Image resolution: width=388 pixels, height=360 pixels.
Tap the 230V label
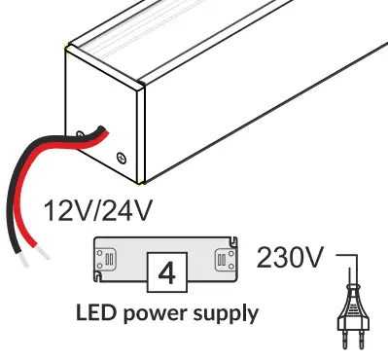click(x=289, y=258)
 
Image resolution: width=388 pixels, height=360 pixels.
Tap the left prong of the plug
click(x=345, y=343)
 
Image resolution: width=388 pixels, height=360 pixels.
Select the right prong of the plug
click(x=360, y=343)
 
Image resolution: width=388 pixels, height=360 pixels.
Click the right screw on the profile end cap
click(x=121, y=156)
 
